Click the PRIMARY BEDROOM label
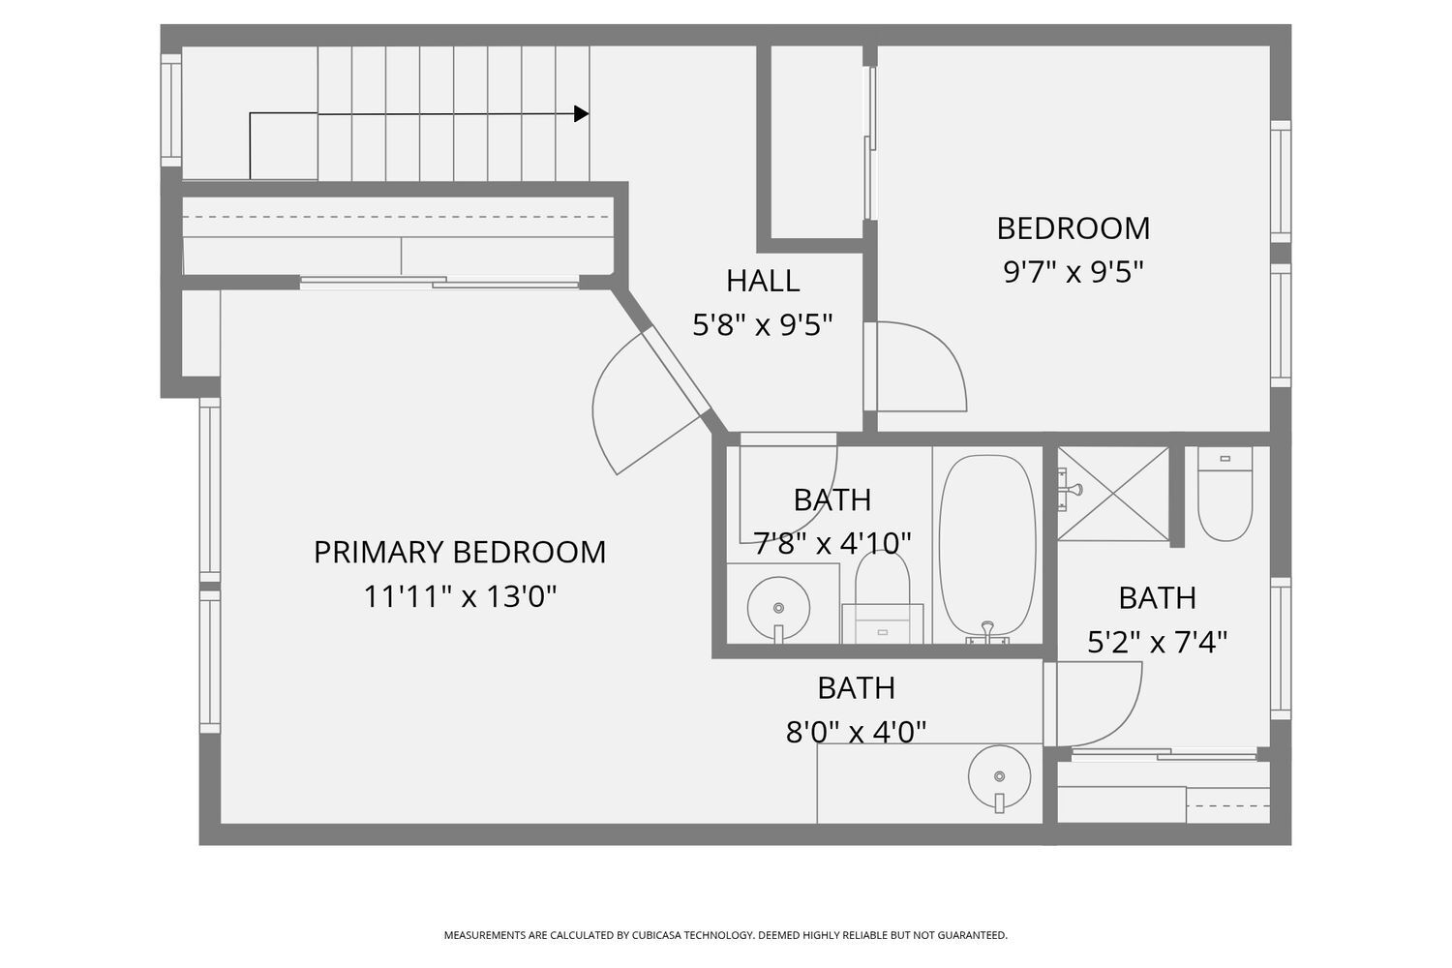(x=460, y=553)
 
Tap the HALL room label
(x=763, y=281)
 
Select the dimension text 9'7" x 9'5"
(x=1073, y=272)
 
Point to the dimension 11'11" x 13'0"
(x=460, y=596)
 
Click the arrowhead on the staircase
(x=582, y=114)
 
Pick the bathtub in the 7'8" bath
(x=987, y=546)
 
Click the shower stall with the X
(x=1113, y=494)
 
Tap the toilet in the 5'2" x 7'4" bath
(x=1225, y=494)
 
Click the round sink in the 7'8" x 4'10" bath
(x=778, y=608)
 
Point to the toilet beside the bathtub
(x=882, y=596)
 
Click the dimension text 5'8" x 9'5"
(x=763, y=325)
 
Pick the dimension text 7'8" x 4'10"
(x=832, y=543)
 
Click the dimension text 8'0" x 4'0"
(x=856, y=732)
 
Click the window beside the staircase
(x=171, y=110)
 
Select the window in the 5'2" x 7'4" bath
(x=1281, y=649)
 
